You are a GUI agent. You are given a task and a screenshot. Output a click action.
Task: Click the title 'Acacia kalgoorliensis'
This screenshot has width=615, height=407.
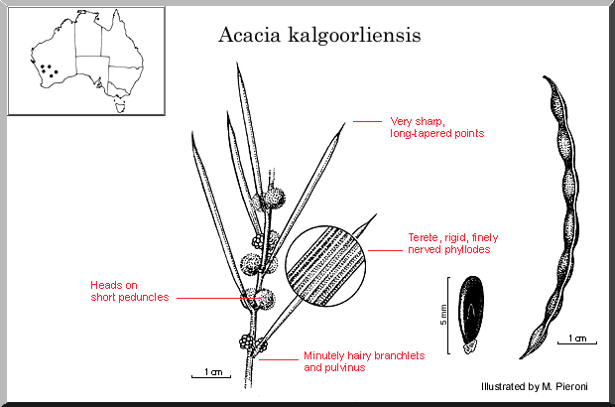tap(319, 35)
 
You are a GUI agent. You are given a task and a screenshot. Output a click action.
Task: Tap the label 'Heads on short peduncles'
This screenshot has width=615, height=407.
tap(129, 290)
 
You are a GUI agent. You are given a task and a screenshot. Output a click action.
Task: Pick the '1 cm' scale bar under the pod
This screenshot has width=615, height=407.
tap(576, 339)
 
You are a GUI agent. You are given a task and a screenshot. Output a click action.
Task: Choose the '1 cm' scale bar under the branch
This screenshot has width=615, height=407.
tap(211, 372)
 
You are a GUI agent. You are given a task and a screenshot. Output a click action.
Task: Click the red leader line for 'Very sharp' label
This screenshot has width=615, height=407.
tap(367, 121)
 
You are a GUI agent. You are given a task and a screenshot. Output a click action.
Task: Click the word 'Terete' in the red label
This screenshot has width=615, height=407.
tap(425, 237)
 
